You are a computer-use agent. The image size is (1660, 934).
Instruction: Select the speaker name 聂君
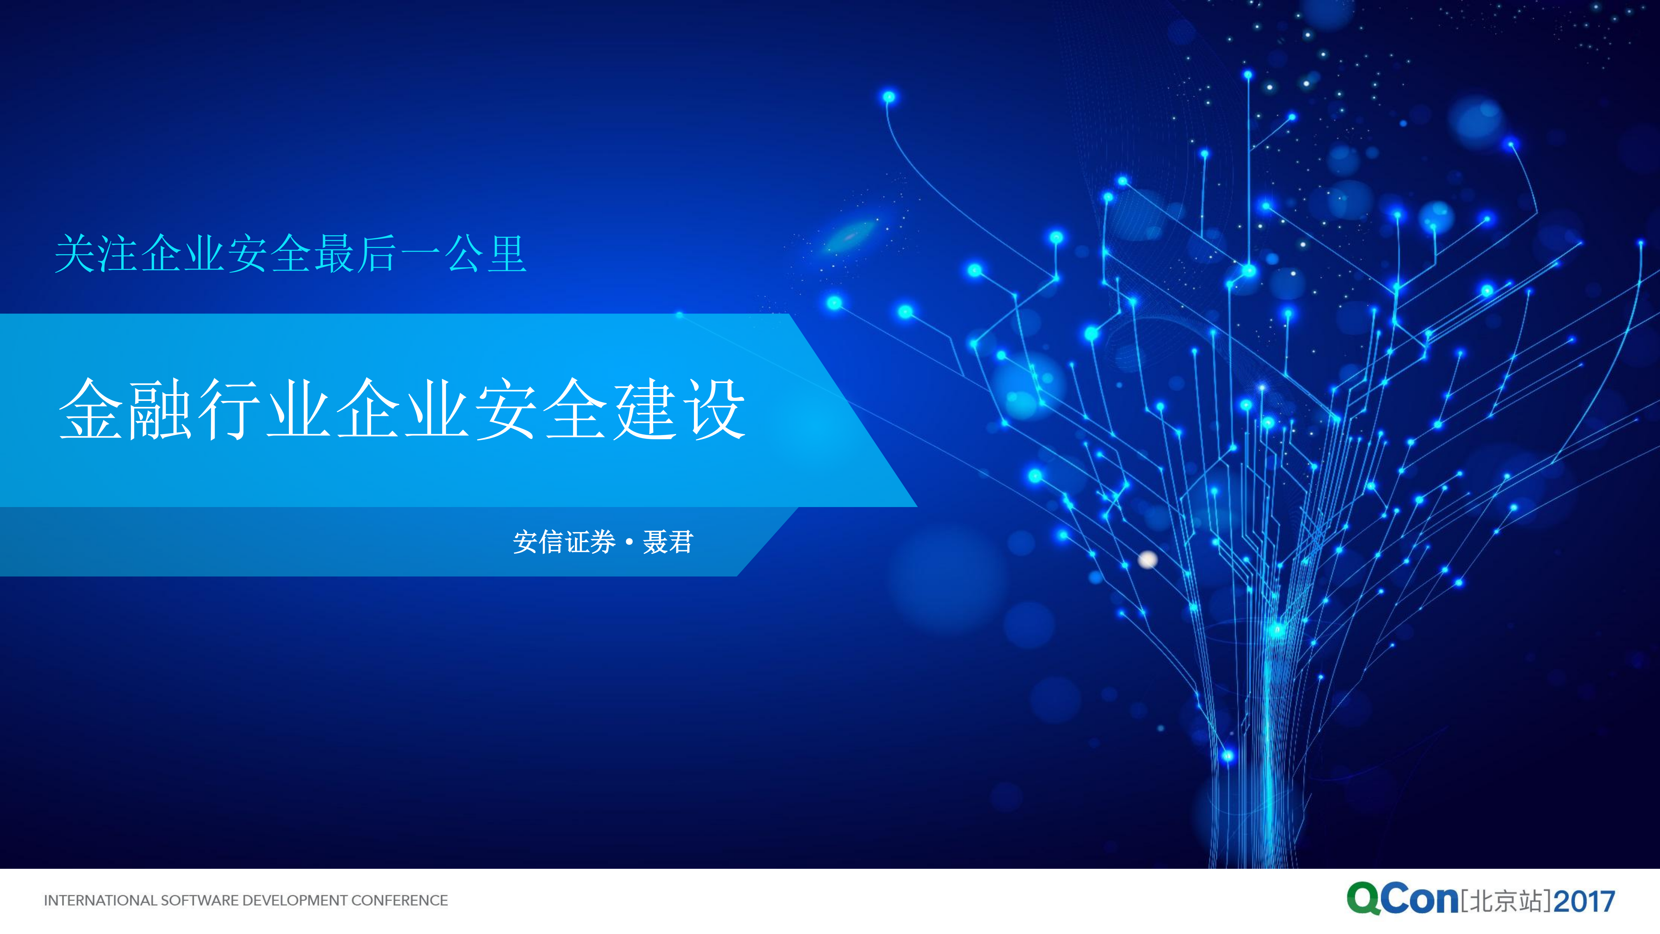point(668,542)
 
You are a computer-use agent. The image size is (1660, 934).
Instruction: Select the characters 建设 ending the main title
point(679,409)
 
